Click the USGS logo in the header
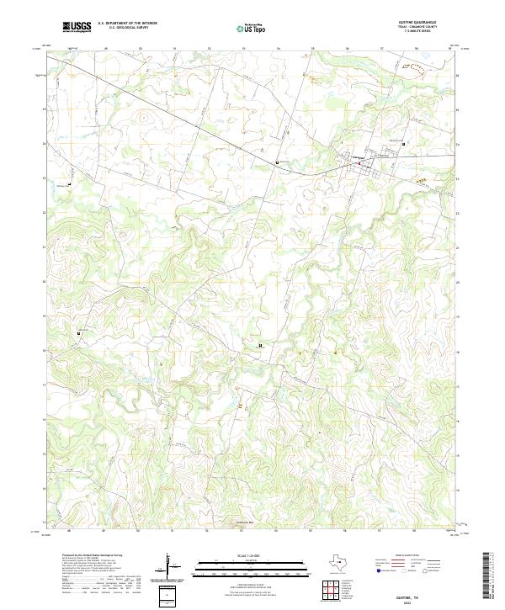pos(76,28)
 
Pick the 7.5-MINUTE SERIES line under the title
pos(421,33)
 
